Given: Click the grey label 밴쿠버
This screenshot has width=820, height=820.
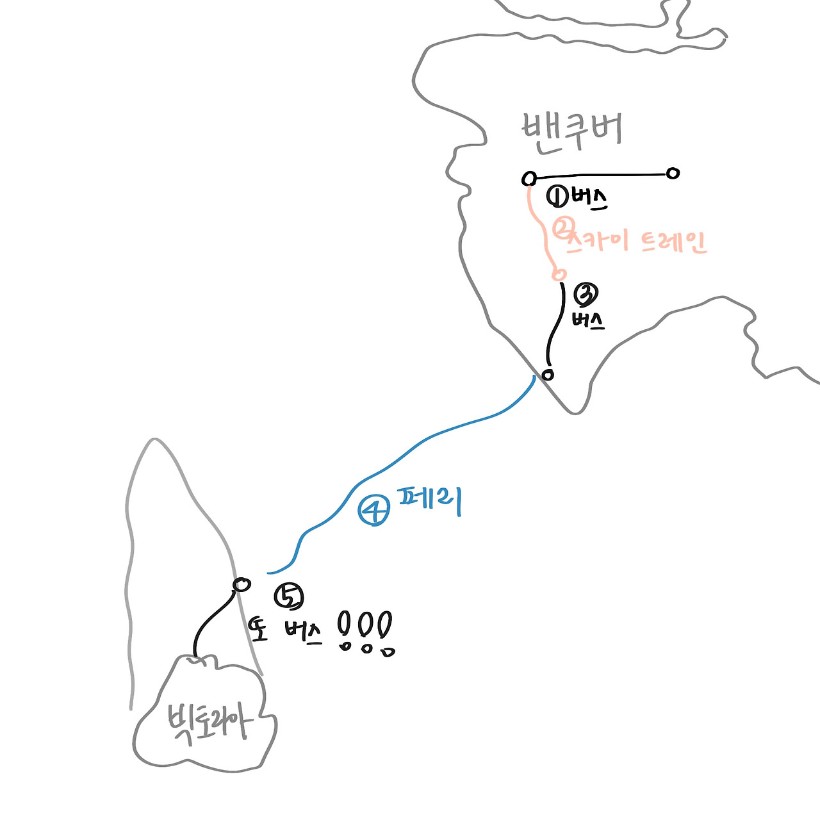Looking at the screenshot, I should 572,131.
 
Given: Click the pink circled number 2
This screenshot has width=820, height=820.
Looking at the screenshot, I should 562,229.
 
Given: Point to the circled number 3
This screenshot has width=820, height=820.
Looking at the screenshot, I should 586,295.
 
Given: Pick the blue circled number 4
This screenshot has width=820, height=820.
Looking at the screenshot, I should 373,511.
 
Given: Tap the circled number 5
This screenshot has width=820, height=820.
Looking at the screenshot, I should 288,596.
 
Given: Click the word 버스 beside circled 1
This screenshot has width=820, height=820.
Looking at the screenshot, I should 589,199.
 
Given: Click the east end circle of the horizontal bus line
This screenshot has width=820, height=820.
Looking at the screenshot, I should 672,173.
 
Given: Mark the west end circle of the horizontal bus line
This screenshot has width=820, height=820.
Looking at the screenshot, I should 529,177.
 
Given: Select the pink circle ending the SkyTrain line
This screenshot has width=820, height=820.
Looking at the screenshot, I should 559,274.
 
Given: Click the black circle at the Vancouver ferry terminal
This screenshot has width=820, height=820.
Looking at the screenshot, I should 547,375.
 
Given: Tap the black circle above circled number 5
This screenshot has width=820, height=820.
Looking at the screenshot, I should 242,584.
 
